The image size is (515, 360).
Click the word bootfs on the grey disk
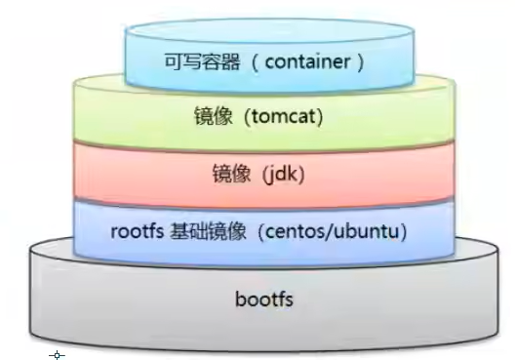(x=264, y=298)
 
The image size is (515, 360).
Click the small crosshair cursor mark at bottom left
(x=57, y=355)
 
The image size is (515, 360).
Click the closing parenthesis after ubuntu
(x=402, y=233)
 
